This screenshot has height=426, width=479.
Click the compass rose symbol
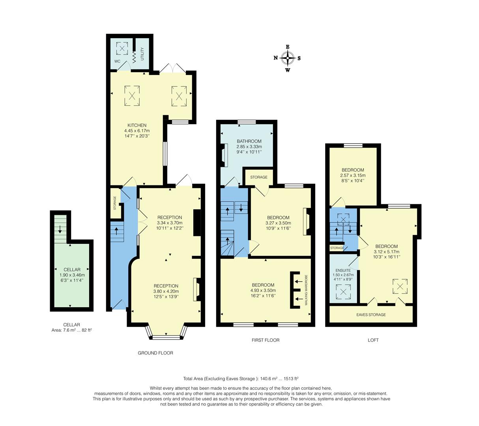288,58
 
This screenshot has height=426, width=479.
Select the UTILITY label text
142,53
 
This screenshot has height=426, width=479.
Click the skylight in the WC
122,49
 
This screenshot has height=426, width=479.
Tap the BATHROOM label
249,141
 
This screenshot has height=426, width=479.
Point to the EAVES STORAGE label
371,315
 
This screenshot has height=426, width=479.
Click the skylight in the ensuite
343,292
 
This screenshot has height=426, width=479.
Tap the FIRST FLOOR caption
266,340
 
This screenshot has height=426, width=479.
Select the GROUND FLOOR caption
155,353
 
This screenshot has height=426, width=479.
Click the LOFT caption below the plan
373,340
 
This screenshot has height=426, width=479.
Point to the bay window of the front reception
166,336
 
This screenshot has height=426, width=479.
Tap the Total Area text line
243,378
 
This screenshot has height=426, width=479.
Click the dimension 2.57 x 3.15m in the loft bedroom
353,176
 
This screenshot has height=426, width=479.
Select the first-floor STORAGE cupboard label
258,177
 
